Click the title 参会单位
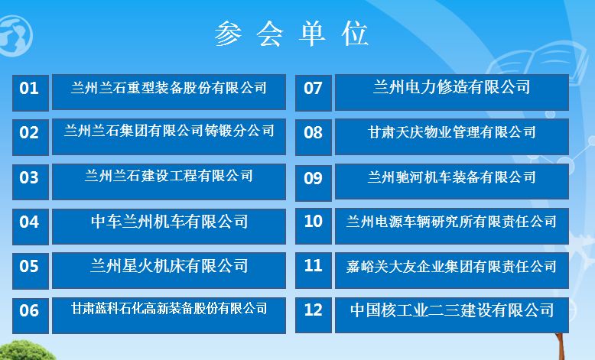point(291,34)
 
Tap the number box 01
point(31,93)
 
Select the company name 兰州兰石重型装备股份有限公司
point(169,88)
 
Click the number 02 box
point(31,138)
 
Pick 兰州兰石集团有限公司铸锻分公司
point(169,131)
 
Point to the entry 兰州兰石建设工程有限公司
point(169,176)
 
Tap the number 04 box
point(31,226)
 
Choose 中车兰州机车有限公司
point(169,221)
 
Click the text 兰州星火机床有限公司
point(169,265)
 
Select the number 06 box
point(31,316)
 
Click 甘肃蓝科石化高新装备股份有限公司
point(169,308)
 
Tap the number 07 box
point(314,93)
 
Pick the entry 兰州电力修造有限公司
point(451,87)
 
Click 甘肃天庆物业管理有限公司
point(451,132)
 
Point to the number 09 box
point(314,183)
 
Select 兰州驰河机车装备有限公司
point(451,177)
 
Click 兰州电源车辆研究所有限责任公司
point(451,222)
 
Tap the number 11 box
point(314,271)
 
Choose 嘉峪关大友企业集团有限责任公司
point(451,266)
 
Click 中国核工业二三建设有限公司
point(451,310)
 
